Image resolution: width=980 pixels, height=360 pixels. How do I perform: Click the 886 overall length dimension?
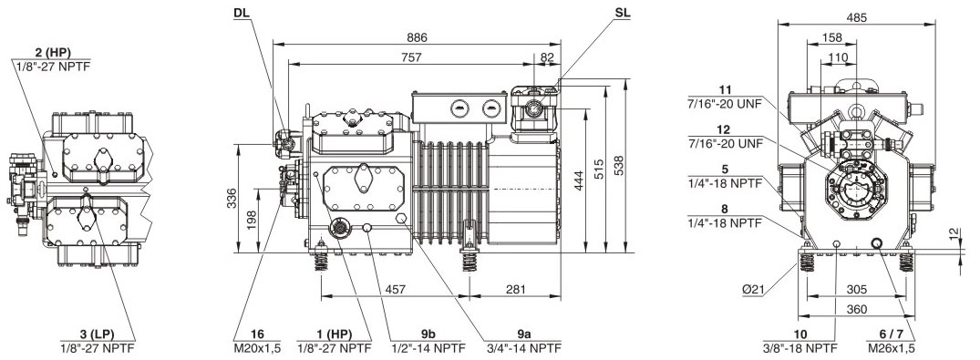[418, 37]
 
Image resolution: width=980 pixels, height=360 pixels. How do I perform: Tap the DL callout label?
[242, 13]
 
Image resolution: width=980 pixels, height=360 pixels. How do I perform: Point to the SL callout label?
[622, 13]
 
